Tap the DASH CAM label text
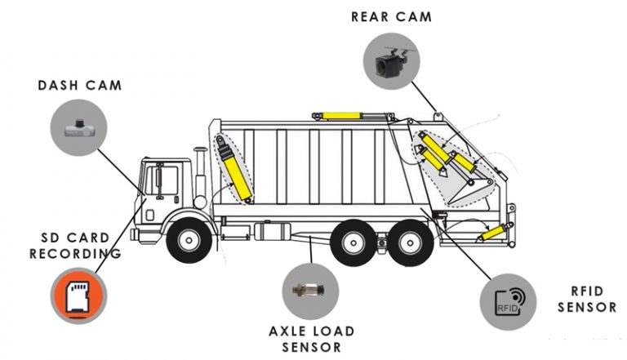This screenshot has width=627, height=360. pyautogui.click(x=79, y=85)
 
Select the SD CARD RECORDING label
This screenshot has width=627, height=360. pyautogui.click(x=75, y=246)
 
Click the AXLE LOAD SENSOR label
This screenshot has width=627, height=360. pyautogui.click(x=312, y=339)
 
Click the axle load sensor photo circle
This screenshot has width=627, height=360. pyautogui.click(x=311, y=291)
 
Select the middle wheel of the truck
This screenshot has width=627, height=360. pyautogui.click(x=355, y=242)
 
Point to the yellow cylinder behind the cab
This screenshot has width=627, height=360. pyautogui.click(x=235, y=172)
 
